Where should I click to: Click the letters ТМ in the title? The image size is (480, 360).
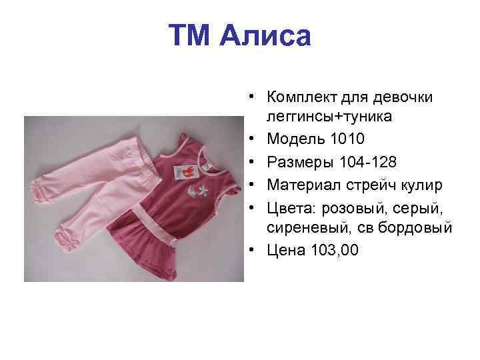tap(192, 36)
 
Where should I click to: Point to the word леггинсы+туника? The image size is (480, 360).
tap(328, 117)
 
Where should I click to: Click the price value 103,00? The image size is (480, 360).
tap(334, 250)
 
